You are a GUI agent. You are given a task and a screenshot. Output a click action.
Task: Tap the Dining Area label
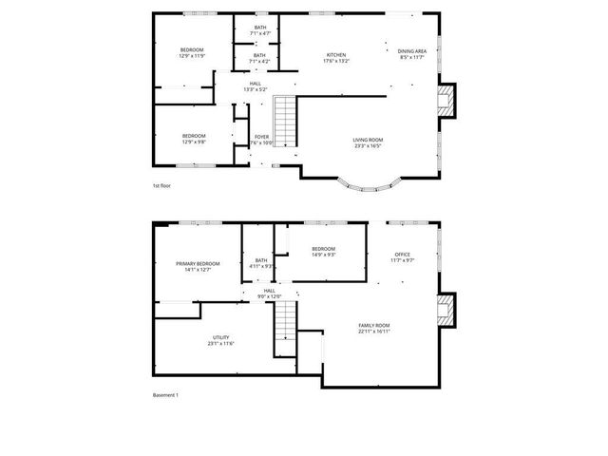pyautogui.click(x=411, y=54)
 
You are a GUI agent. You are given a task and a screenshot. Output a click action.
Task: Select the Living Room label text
pyautogui.click(x=368, y=142)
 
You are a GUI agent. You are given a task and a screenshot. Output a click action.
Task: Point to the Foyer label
pyautogui.click(x=261, y=140)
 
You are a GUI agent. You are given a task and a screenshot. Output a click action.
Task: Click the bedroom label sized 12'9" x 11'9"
pyautogui.click(x=193, y=53)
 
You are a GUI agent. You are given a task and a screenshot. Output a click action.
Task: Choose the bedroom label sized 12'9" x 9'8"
pyautogui.click(x=194, y=139)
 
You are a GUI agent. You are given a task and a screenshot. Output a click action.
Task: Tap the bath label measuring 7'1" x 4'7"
pyautogui.click(x=259, y=30)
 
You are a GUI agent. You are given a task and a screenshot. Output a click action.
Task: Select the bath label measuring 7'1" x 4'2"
pyautogui.click(x=259, y=58)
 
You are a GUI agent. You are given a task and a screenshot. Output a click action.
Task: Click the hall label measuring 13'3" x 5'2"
pyautogui.click(x=256, y=86)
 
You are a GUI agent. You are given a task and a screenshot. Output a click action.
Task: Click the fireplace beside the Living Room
pyautogui.click(x=446, y=100)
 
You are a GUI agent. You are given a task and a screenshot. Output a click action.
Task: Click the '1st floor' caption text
pyautogui.click(x=162, y=185)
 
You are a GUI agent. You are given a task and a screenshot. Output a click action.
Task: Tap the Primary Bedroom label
pyautogui.click(x=198, y=266)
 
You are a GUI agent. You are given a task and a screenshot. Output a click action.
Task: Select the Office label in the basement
pyautogui.click(x=403, y=256)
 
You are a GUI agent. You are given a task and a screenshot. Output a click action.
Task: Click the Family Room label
pyautogui.click(x=373, y=329)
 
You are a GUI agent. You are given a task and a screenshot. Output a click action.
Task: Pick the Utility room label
pyautogui.click(x=220, y=340)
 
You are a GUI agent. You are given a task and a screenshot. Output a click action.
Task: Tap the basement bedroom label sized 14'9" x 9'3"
pyautogui.click(x=324, y=252)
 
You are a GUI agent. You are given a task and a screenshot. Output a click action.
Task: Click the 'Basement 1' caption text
pyautogui.click(x=166, y=394)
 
